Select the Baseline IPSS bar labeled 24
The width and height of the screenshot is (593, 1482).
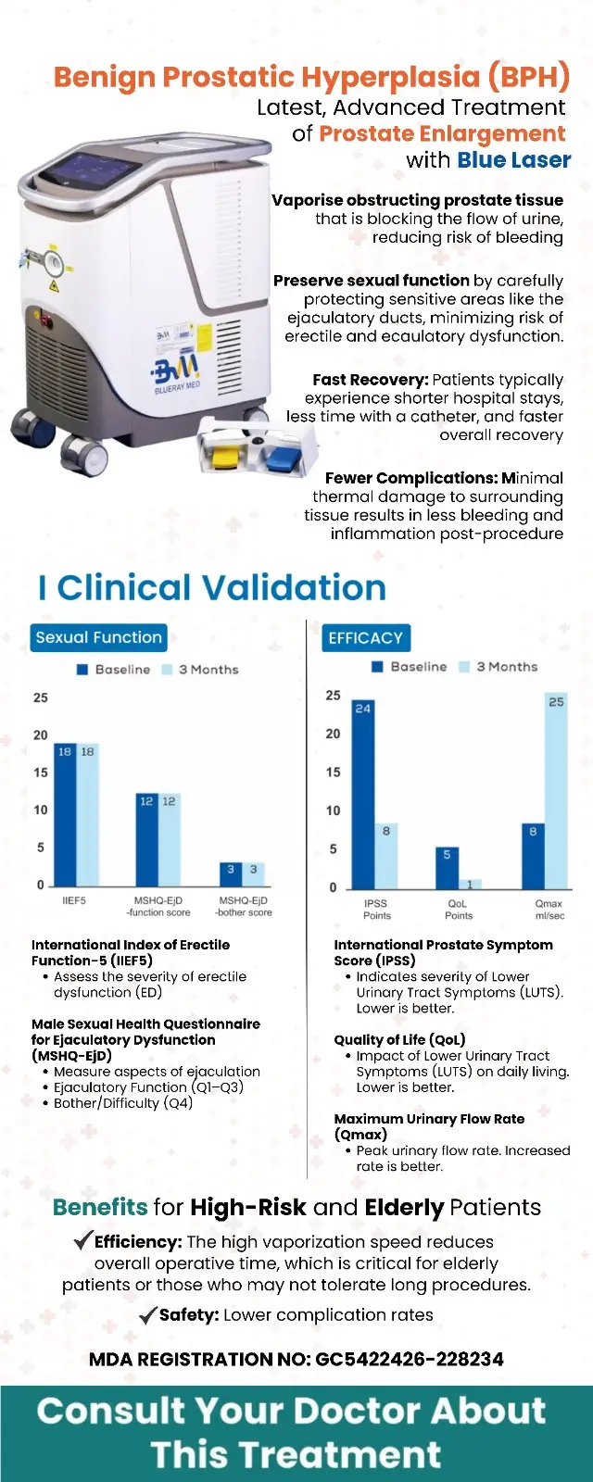tap(362, 795)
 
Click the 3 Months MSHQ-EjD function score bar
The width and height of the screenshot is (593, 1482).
tap(169, 839)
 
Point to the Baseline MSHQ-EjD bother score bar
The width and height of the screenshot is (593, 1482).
tap(231, 873)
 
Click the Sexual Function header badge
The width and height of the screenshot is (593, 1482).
tap(98, 637)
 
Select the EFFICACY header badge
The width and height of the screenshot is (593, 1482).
tap(365, 637)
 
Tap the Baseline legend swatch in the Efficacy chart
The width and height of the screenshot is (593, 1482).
tap(377, 667)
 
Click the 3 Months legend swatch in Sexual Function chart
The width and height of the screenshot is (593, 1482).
tap(168, 670)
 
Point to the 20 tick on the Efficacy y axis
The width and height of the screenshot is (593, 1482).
tap(333, 734)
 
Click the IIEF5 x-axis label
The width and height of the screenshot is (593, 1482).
tap(74, 900)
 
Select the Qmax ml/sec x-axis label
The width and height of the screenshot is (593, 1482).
tap(549, 909)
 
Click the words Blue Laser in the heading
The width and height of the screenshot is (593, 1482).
tap(514, 160)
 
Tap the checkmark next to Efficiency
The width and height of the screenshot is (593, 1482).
tap(82, 1240)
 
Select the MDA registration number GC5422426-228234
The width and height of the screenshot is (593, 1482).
tap(410, 1360)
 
